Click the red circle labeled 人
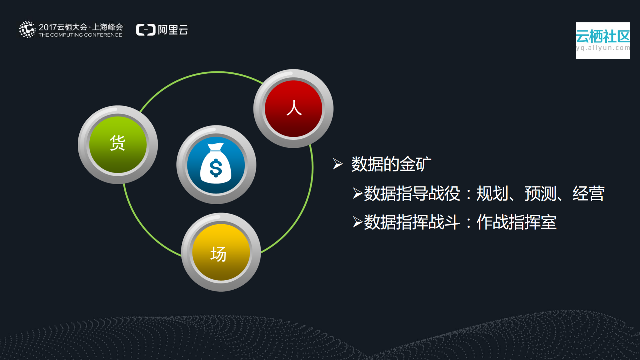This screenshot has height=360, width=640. click(x=293, y=109)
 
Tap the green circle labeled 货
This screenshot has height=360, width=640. click(x=118, y=144)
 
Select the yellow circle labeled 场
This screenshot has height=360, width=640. click(x=221, y=252)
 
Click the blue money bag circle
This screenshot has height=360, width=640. click(x=216, y=165)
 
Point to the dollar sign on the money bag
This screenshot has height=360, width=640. click(x=216, y=168)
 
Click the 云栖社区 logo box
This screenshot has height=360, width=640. click(x=603, y=40)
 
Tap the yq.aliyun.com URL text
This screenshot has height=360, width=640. click(x=603, y=48)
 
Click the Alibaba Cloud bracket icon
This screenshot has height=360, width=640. click(x=146, y=30)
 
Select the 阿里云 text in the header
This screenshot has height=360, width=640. click(x=173, y=30)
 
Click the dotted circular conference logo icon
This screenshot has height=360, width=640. click(x=27, y=30)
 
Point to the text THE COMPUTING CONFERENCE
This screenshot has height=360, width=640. click(x=80, y=35)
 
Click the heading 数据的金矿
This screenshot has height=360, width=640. click(x=391, y=164)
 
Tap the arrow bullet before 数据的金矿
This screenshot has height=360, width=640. click(x=338, y=164)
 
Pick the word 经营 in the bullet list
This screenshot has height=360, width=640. click(x=588, y=194)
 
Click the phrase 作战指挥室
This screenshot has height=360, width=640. click(x=516, y=222)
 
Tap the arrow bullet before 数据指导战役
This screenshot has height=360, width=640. click(x=358, y=194)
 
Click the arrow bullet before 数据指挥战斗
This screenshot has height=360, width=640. click(x=358, y=222)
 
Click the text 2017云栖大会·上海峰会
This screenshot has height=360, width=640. click(x=81, y=27)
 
